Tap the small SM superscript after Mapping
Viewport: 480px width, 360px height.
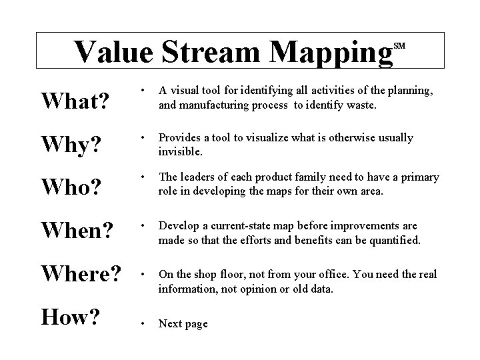click(x=399, y=45)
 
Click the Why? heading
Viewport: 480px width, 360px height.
click(x=68, y=143)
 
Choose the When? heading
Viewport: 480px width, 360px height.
click(x=75, y=229)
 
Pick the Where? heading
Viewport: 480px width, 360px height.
click(x=81, y=274)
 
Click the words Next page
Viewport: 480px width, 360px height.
click(x=183, y=323)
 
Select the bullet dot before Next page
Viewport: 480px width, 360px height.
click(x=141, y=323)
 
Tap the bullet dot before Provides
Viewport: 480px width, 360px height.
click(x=141, y=138)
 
